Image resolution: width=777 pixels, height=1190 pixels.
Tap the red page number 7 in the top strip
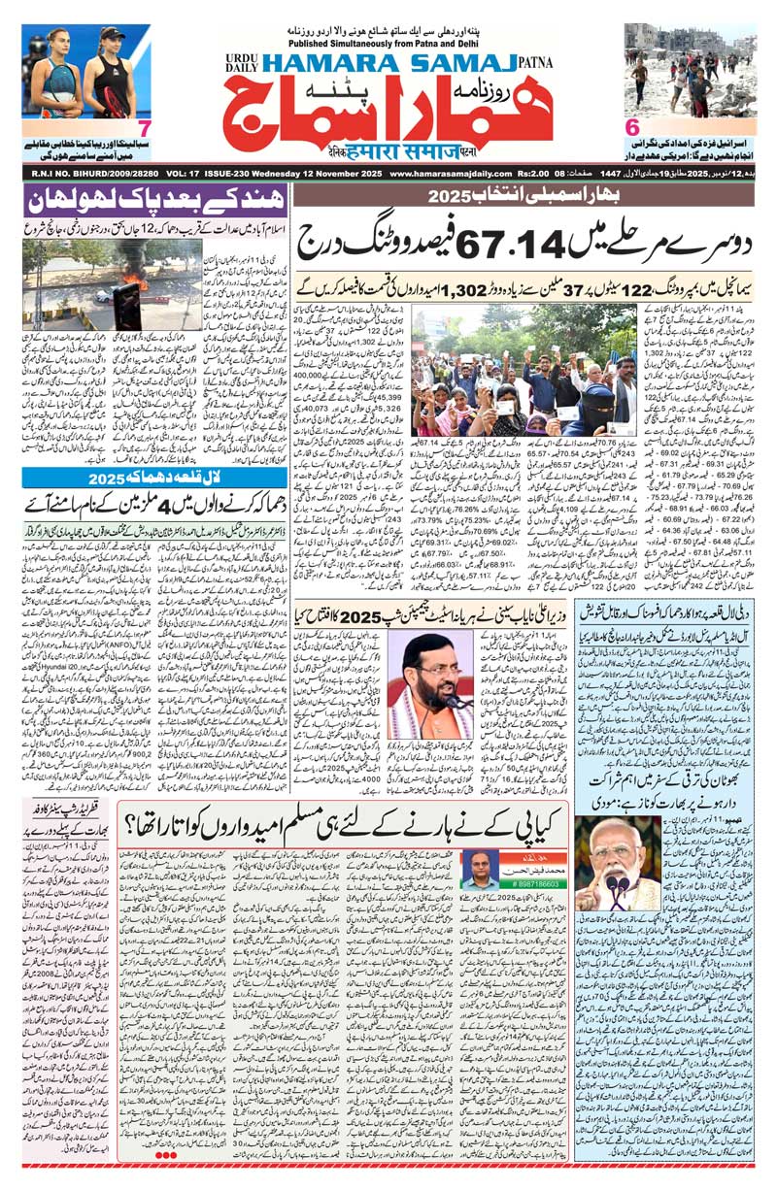[143, 128]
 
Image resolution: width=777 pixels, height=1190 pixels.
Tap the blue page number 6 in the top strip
[631, 127]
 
